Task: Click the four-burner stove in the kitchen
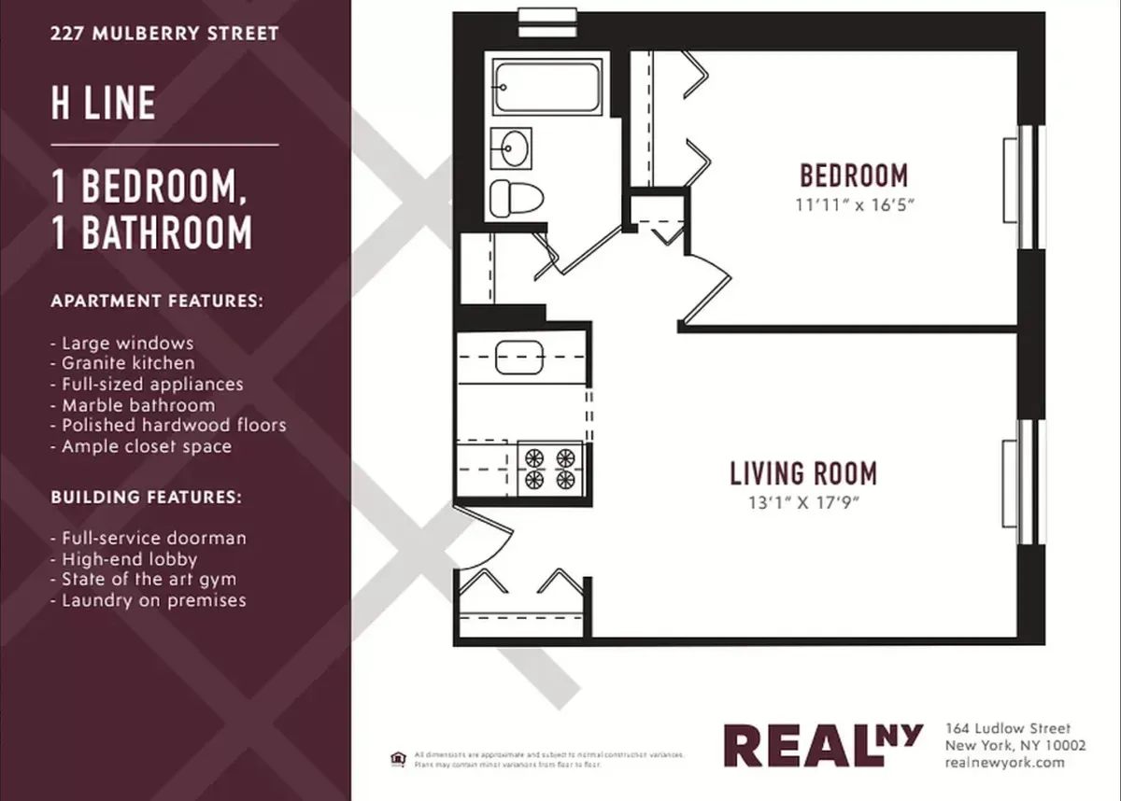click(x=549, y=468)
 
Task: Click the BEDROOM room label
click(x=854, y=176)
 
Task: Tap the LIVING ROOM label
click(x=803, y=473)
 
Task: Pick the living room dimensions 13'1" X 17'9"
click(x=803, y=504)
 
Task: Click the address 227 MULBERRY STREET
click(x=165, y=35)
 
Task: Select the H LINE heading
click(x=104, y=103)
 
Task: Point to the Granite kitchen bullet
click(x=128, y=364)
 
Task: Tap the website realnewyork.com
click(x=1005, y=763)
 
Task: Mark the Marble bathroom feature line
click(x=138, y=405)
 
